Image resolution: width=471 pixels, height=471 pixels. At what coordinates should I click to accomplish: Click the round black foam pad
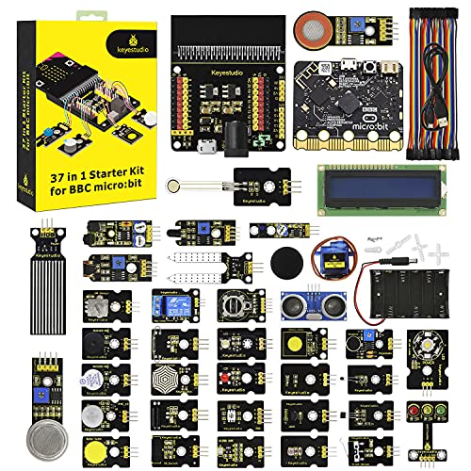pos(286,260)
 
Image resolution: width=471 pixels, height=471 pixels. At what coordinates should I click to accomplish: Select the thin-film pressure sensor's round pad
pos(179,186)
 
